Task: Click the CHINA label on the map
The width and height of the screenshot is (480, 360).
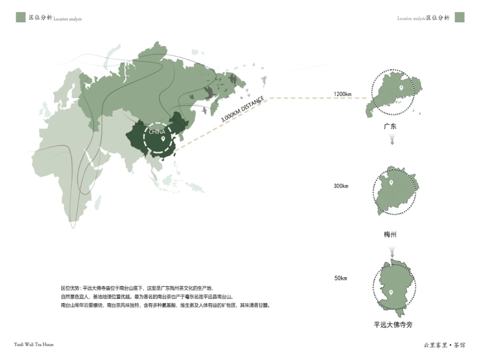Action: (157, 132)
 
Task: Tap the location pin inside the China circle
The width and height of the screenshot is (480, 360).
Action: (163, 139)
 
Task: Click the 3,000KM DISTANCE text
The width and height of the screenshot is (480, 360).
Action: (242, 109)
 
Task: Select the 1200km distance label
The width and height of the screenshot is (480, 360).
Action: (342, 94)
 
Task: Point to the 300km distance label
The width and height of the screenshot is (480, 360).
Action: (341, 186)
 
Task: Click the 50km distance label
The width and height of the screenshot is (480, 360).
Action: (341, 278)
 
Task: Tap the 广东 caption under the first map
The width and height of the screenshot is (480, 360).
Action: (390, 126)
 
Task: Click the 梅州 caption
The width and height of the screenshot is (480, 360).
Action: (390, 235)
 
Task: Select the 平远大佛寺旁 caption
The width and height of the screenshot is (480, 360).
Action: (393, 325)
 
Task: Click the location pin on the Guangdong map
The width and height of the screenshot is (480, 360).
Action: (401, 88)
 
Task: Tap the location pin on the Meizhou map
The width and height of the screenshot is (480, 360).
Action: (391, 182)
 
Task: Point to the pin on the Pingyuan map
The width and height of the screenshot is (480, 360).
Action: (391, 292)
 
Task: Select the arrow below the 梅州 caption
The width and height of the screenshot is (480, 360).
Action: (392, 252)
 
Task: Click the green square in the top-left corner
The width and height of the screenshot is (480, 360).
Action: (21, 17)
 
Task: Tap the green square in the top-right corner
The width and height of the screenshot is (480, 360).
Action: (459, 17)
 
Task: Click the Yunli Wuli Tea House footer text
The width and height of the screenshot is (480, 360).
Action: (34, 344)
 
